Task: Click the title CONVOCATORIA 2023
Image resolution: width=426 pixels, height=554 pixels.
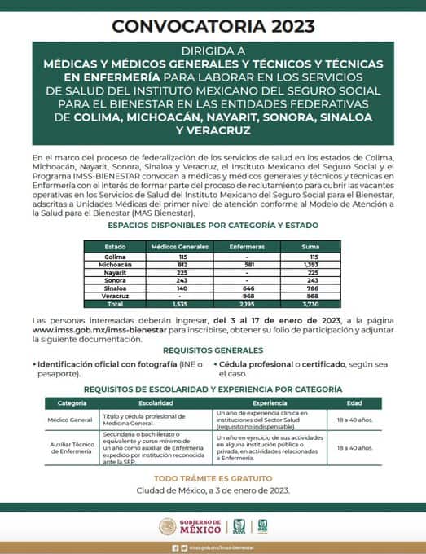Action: pos(213,26)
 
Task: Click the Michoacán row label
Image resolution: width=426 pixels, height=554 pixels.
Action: pos(115,265)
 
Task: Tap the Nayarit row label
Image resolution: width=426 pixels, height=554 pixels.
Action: pos(115,272)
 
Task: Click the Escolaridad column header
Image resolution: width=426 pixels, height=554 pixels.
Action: pos(156,403)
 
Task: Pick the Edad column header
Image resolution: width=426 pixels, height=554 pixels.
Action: pos(354,403)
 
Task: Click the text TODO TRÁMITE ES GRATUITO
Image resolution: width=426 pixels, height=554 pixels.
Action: pos(213,477)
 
